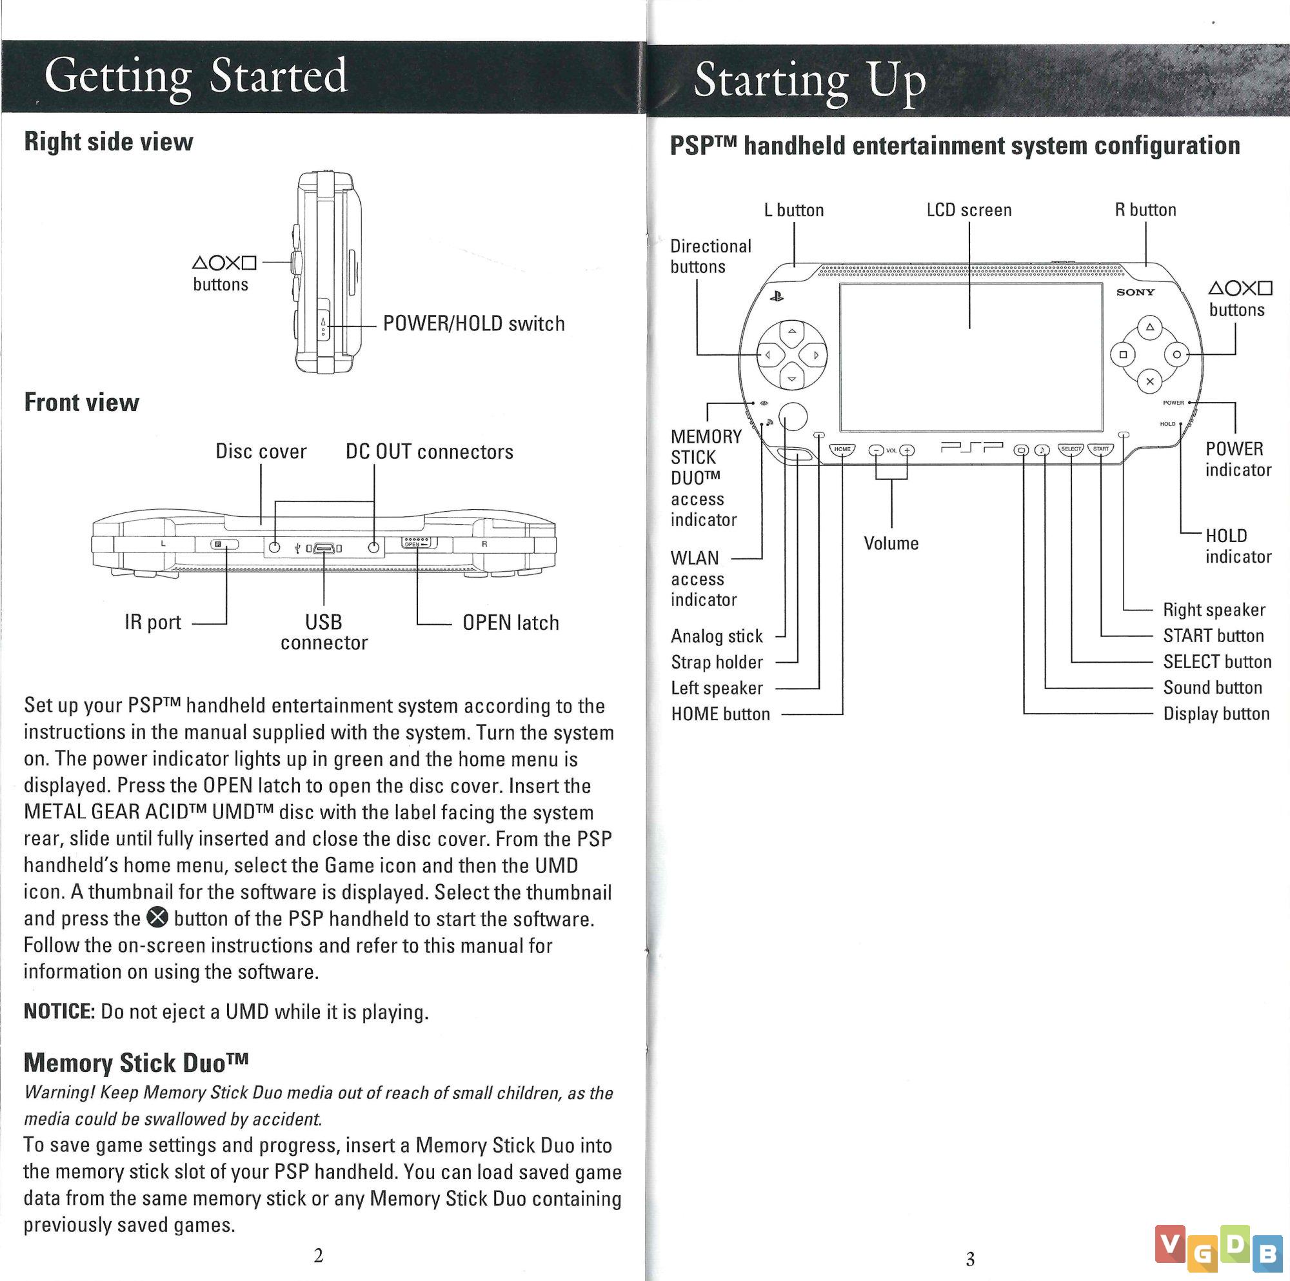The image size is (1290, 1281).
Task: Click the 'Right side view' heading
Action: pyautogui.click(x=108, y=141)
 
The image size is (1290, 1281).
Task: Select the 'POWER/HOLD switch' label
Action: pyautogui.click(x=473, y=324)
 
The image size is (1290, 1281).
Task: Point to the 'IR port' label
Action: pyautogui.click(x=153, y=623)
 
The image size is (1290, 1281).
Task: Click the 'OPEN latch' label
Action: pyautogui.click(x=511, y=623)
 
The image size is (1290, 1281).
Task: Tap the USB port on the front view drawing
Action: pyautogui.click(x=324, y=549)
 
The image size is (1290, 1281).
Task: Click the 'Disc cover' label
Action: pyautogui.click(x=261, y=452)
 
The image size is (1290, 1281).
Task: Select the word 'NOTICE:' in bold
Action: pyautogui.click(x=59, y=1012)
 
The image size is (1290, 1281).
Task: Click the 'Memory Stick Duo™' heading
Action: pyautogui.click(x=136, y=1062)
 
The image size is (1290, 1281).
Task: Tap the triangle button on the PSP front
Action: pyautogui.click(x=1149, y=328)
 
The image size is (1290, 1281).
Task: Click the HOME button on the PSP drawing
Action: pyautogui.click(x=842, y=450)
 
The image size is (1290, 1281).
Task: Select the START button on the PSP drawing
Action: pyautogui.click(x=1101, y=450)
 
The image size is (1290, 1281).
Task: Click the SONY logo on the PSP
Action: pyautogui.click(x=1135, y=292)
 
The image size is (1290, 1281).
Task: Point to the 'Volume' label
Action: pyautogui.click(x=891, y=543)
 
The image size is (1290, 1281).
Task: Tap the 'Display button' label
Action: pyautogui.click(x=1216, y=714)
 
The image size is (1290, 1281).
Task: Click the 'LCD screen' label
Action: pyautogui.click(x=969, y=210)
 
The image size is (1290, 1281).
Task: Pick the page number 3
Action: pyautogui.click(x=970, y=1259)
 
